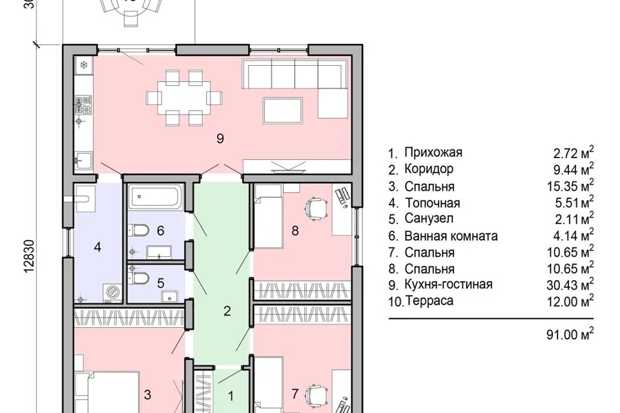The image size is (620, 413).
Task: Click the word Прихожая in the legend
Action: coord(433,152)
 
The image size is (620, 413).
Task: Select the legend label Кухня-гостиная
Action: coord(448,284)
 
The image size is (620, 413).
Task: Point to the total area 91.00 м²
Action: coord(570,334)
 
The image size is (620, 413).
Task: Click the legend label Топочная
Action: coord(433,203)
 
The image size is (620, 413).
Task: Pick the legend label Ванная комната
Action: coord(451,236)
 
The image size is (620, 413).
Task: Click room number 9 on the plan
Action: coord(220,138)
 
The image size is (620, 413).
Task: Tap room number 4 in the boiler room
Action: coord(98,247)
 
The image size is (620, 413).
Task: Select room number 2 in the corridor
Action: coord(227,311)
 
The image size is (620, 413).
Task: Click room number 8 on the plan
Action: coord(295,230)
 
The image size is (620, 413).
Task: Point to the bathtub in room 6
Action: coord(154,196)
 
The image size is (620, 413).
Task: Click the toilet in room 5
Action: coord(138,278)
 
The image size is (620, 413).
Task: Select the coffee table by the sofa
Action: coord(283,110)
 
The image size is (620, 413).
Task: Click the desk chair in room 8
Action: coord(316,208)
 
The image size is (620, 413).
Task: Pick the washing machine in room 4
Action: coord(113,293)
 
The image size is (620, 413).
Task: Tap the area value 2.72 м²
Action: coord(573,152)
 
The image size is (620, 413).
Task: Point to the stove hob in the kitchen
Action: coord(83,105)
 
